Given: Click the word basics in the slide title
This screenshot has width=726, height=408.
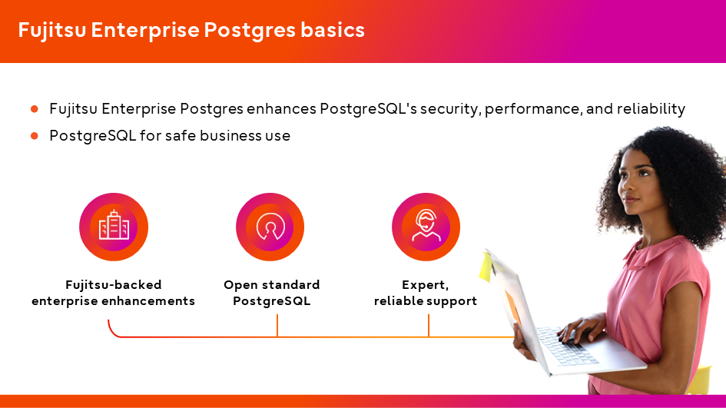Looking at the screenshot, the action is coord(333,30).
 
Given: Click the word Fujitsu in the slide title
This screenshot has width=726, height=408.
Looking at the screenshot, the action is coord(52,31).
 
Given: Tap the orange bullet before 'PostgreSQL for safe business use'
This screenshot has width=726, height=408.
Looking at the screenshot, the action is coord(35,136).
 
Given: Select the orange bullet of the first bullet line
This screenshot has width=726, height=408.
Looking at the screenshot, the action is coord(35,109).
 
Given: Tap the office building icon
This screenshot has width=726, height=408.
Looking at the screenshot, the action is coord(114,225).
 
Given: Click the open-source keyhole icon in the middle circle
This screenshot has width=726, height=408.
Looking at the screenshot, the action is coord(270,227).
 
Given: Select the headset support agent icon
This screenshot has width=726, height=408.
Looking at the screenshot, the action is coord(426,225).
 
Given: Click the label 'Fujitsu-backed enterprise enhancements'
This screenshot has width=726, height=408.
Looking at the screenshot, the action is coord(114,293).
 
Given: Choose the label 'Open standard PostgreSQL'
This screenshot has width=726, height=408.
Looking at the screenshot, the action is coord(272,293).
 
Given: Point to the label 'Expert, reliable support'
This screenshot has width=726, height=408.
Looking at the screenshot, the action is coord(426,293).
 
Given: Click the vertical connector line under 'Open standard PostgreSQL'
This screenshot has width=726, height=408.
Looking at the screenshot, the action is coord(277,326).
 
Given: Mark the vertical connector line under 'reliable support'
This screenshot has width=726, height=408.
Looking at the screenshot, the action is coord(429,326).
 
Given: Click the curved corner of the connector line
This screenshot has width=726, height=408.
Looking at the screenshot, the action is coord(111,331).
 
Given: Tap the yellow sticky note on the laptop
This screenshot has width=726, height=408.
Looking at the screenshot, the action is coord(486,267).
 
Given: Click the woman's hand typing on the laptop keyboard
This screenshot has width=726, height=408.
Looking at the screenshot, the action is coord(580,328).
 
